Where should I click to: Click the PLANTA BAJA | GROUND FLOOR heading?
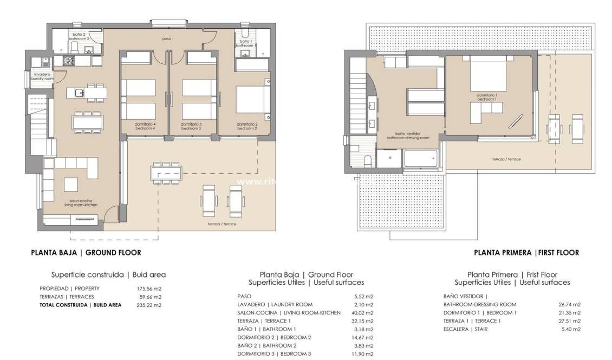pos(86,252)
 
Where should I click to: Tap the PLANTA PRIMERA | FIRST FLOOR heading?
pos(526,252)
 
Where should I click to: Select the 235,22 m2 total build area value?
pos(149,305)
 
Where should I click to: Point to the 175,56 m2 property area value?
pos(149,289)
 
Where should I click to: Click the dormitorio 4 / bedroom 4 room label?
pos(145,126)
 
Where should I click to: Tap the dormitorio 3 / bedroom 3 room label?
pos(191,126)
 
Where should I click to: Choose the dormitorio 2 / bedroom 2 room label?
pos(246,126)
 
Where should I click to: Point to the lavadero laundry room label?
pos(42,76)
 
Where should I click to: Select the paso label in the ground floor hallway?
pos(167,39)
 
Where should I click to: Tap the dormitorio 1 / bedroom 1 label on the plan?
pos(486,97)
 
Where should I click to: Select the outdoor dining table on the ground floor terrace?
pos(167,173)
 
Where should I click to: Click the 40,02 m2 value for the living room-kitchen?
pos(362,313)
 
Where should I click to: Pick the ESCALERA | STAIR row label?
pos(465,329)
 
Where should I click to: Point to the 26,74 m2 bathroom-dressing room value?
pos(569,305)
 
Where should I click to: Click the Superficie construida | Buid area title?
pos(108,274)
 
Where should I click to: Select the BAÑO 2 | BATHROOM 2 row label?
pos(266,345)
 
